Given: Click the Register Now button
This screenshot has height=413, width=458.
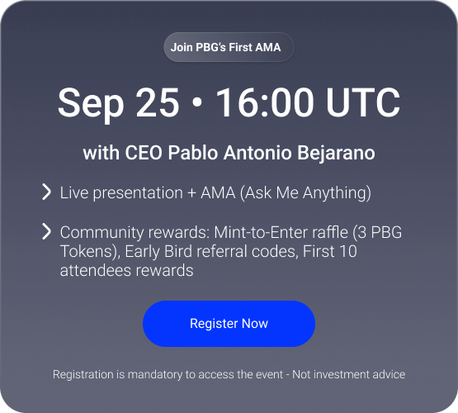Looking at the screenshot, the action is point(229,324).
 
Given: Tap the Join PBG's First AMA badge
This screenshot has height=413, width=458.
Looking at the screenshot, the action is point(229,47).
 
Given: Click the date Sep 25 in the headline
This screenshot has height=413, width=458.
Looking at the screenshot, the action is point(118,104).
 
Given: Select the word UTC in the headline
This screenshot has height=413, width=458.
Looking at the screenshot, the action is point(363,102).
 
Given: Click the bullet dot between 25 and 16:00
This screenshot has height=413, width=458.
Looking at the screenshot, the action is point(198,102).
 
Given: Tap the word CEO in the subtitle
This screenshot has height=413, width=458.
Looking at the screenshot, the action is point(144,153).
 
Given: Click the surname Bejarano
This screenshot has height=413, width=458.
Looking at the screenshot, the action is point(336,154).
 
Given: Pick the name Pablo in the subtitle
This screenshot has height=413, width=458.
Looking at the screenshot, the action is point(193,153).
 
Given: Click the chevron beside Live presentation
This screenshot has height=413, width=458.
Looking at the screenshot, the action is point(47,192).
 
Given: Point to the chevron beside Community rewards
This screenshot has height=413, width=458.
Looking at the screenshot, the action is point(47,231).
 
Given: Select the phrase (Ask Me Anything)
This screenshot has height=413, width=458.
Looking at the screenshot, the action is point(305,193).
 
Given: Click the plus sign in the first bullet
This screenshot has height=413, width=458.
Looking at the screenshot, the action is point(191,193).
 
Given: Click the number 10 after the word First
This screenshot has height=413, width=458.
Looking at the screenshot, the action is point(347,251).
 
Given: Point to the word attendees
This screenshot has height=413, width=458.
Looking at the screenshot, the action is point(95,270).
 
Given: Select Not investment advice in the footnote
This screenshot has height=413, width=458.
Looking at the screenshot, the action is point(349,374).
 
